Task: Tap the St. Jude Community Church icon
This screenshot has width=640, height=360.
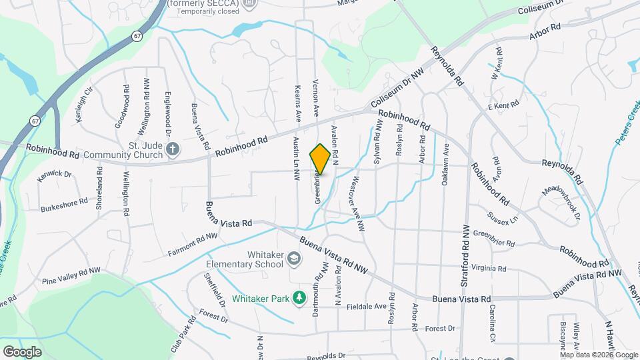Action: [173, 149]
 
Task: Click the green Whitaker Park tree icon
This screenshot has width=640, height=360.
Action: [300, 297]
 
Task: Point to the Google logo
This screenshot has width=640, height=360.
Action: [21, 351]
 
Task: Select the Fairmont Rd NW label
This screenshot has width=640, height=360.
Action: [193, 245]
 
